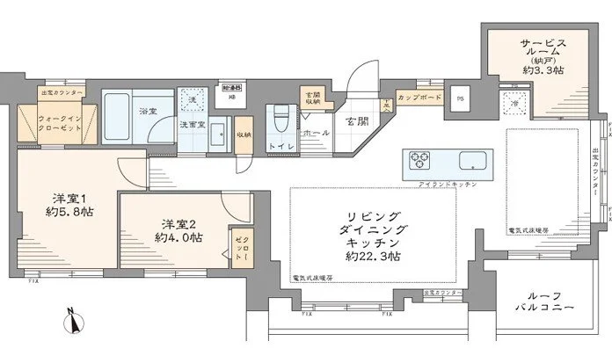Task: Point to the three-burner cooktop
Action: pyautogui.click(x=419, y=162)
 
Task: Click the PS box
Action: pyautogui.click(x=460, y=99)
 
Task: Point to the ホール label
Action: pyautogui.click(x=315, y=132)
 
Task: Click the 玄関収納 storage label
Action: pyautogui.click(x=312, y=98)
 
